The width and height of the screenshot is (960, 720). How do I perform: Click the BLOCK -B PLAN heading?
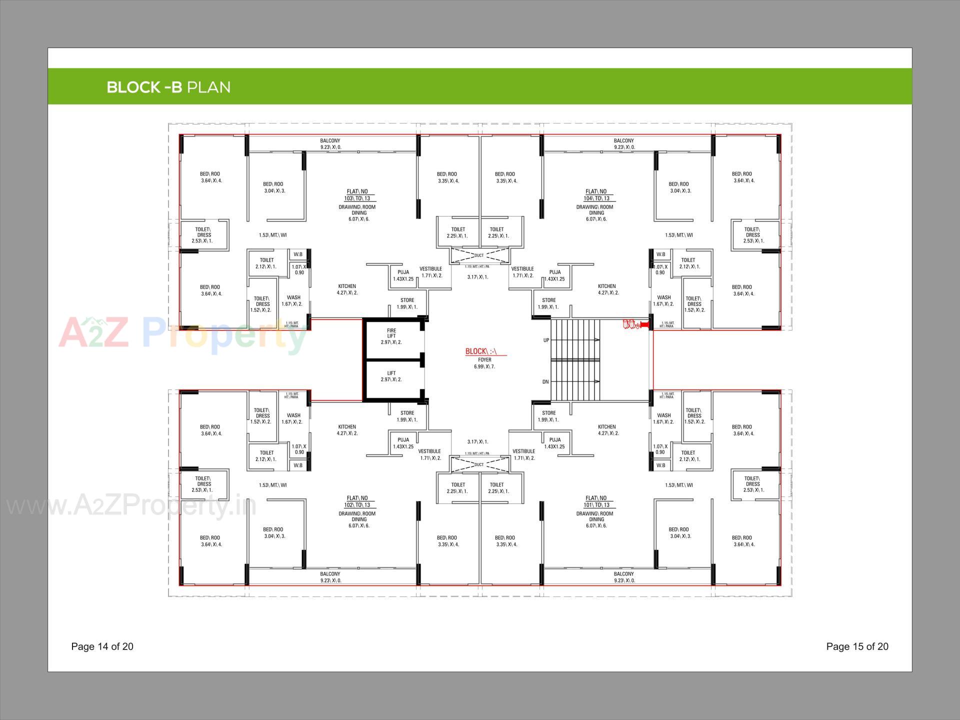pos(168,87)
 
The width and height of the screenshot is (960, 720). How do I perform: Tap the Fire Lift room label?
pos(391,336)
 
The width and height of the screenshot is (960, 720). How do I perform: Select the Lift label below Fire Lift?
pos(391,376)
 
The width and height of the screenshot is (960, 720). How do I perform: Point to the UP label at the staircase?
pos(546,340)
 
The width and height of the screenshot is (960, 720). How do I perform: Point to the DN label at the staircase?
pos(545,382)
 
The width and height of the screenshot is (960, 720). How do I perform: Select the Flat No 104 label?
pos(596,195)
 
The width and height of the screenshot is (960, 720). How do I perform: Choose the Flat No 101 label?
pos(596,501)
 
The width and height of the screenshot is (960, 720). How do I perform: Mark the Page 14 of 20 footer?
pos(102,646)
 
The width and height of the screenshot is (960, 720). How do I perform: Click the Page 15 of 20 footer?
pos(857,646)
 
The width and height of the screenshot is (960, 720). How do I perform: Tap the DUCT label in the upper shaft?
pos(479,255)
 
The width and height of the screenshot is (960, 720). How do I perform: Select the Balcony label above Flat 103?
pos(330,144)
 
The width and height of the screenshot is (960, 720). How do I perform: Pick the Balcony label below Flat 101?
pos(623,577)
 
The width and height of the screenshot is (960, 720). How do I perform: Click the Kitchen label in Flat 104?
pos(606,289)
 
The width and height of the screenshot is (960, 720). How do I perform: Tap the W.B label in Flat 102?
pos(298,465)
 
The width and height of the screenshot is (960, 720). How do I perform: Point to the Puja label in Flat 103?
pos(403,275)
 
